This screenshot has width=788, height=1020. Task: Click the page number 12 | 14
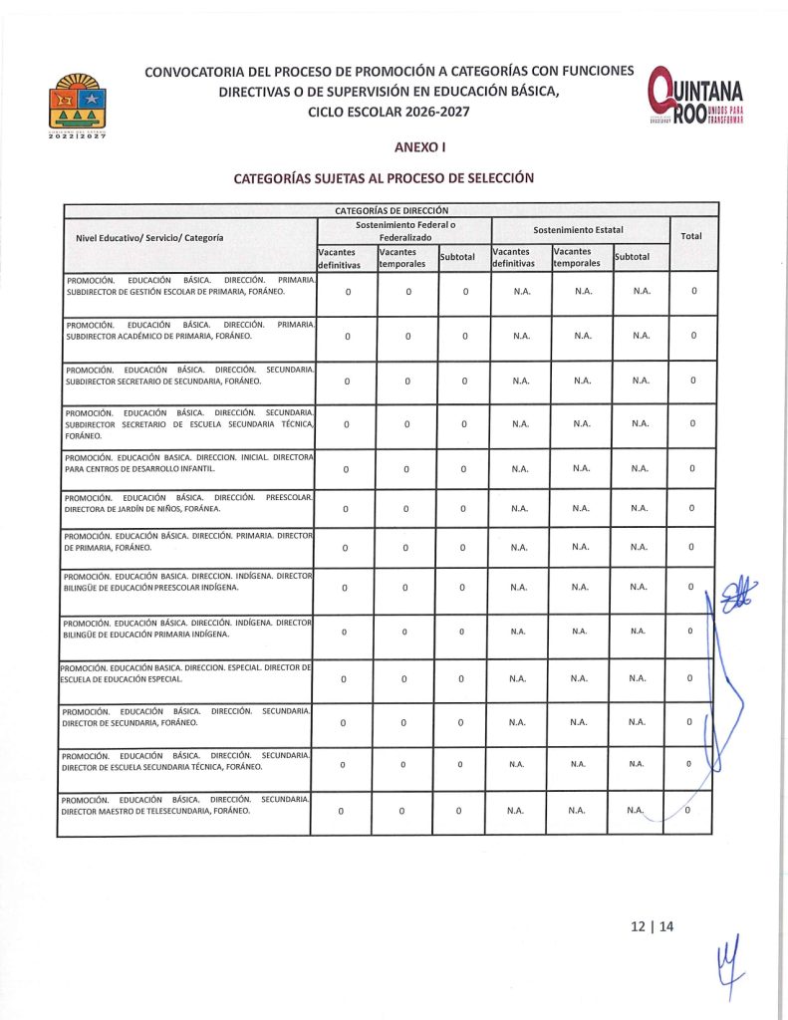pyautogui.click(x=653, y=925)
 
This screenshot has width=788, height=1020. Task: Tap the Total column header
pyautogui.click(x=689, y=237)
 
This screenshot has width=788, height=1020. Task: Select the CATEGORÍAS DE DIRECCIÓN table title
pyautogui.click(x=391, y=210)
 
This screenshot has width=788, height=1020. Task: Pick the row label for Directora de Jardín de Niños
pyautogui.click(x=187, y=502)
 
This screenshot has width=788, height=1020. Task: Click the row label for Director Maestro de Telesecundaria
pyautogui.click(x=185, y=805)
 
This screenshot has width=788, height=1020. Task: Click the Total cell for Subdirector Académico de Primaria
pyautogui.click(x=693, y=336)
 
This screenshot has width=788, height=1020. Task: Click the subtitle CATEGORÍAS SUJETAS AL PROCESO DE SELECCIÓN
pyautogui.click(x=384, y=179)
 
